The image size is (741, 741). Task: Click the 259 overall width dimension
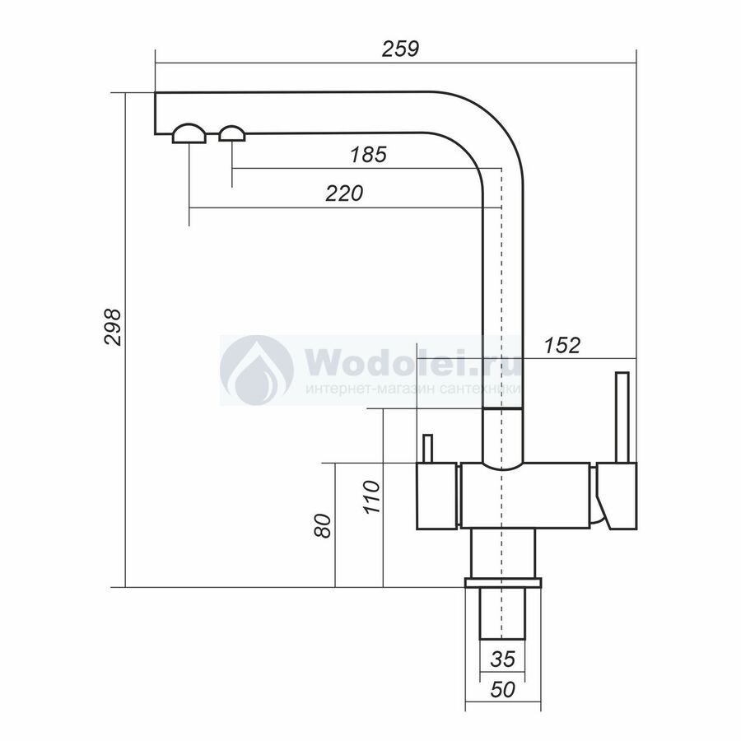coord(400,49)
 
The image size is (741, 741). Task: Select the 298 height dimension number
coord(113,327)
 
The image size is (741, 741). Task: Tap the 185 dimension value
coord(368,155)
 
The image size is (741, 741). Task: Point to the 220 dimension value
coord(344,193)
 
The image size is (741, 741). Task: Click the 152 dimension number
coord(562,346)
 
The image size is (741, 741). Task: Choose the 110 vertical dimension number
coord(371,496)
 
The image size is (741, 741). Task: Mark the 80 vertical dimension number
coord(323,525)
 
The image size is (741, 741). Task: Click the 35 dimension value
coord(502,659)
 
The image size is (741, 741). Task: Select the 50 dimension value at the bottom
coord(502,690)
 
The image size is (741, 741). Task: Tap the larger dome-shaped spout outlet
coord(189,133)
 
